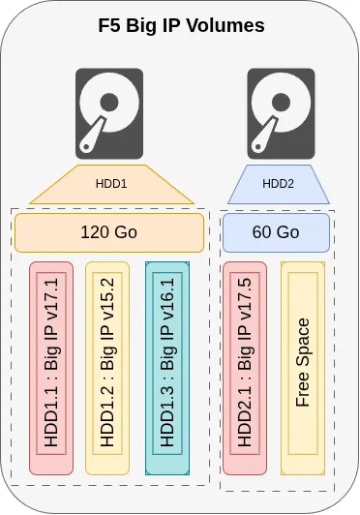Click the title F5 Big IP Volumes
click(181, 26)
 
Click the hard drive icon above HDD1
click(108, 111)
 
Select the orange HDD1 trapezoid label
click(108, 183)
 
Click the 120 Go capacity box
click(108, 233)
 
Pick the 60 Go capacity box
click(276, 233)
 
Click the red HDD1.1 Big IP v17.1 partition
click(52, 368)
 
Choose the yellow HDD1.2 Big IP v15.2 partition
click(108, 368)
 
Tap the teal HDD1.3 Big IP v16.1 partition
click(166, 368)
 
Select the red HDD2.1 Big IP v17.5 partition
click(244, 368)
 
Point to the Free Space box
click(303, 368)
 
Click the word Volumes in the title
click(227, 26)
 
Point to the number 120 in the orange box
click(93, 233)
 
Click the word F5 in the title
click(110, 26)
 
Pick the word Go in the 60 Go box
click(288, 233)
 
